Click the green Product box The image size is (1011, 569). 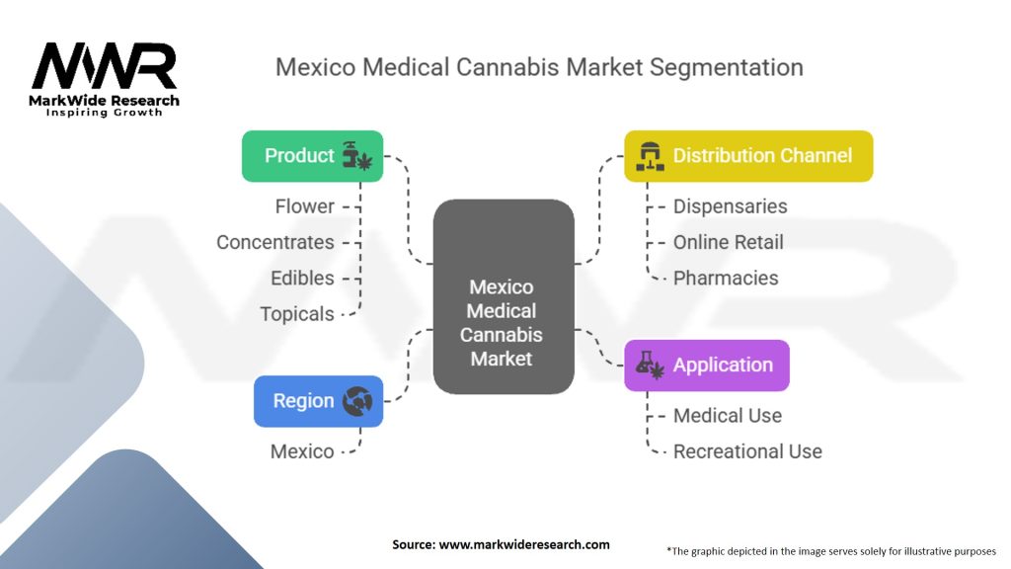(x=312, y=156)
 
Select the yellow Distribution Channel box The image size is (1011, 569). (x=748, y=156)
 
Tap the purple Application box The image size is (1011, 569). (x=706, y=366)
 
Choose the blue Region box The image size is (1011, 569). (x=318, y=401)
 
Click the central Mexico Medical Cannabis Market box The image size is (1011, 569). (x=503, y=296)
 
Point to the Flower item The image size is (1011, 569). (x=304, y=206)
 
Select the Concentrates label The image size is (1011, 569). (x=274, y=242)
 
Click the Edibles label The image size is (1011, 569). (x=302, y=278)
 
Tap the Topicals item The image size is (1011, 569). (x=296, y=314)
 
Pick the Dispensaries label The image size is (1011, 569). (x=730, y=206)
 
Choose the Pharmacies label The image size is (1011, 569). (x=726, y=278)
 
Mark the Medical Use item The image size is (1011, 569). (x=727, y=416)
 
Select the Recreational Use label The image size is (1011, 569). (x=747, y=451)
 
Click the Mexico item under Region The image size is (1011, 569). (x=302, y=451)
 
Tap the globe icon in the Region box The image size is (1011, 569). (x=356, y=401)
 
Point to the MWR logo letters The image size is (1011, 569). (x=105, y=67)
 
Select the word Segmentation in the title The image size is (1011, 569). (x=727, y=67)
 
